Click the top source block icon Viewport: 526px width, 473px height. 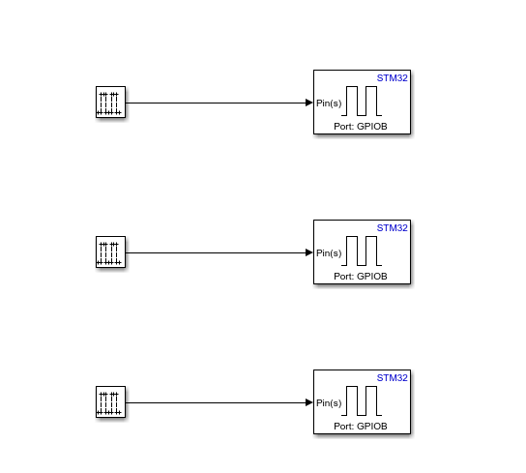[111, 103]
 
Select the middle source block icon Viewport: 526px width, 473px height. [111, 252]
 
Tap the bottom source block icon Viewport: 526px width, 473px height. [111, 402]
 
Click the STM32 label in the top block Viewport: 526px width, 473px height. [393, 78]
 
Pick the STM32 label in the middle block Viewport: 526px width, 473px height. [393, 228]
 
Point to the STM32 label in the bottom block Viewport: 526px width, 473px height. [393, 378]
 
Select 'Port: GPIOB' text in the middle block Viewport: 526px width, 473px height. [361, 277]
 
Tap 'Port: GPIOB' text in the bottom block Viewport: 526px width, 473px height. [361, 427]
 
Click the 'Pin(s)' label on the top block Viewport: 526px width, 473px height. [329, 103]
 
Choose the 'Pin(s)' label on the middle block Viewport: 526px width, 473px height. [329, 253]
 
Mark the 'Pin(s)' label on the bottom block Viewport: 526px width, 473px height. [329, 403]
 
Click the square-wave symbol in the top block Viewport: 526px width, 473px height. [363, 101]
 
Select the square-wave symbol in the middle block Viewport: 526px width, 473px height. [363, 251]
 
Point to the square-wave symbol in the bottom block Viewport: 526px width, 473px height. [363, 400]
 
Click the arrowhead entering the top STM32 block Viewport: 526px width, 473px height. [308, 103]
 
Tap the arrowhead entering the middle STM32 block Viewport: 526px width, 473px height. [308, 252]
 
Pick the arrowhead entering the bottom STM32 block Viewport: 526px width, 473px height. [308, 402]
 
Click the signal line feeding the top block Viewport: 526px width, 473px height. [213, 103]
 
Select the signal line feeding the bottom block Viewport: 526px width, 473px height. [213, 402]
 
